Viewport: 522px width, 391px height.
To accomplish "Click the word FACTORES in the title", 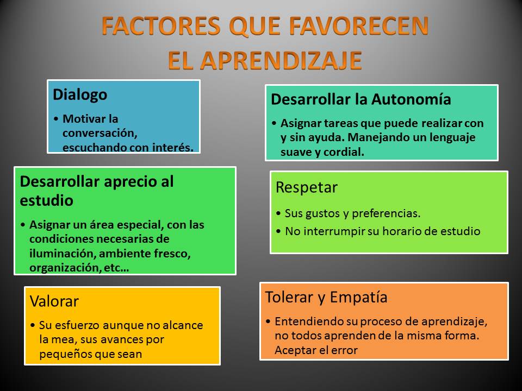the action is pyautogui.click(x=161, y=26).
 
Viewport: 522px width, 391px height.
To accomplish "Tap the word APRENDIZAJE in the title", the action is pyautogui.click(x=281, y=60).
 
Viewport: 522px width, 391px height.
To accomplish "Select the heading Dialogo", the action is pyautogui.click(x=80, y=94).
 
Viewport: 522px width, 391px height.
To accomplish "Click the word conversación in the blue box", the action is pyautogui.click(x=100, y=133).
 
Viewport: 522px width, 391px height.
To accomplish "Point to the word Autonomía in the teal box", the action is pyautogui.click(x=411, y=99).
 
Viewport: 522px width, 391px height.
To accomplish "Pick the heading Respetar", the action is pyautogui.click(x=306, y=187).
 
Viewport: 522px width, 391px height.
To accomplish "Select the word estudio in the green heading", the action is pyautogui.click(x=46, y=200).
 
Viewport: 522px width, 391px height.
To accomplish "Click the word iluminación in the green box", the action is pyautogui.click(x=63, y=254).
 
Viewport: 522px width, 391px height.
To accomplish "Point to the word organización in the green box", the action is pyautogui.click(x=65, y=268).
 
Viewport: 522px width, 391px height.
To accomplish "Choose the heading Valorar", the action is pyautogui.click(x=54, y=301).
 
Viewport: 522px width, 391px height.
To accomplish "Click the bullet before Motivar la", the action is pyautogui.click(x=56, y=119).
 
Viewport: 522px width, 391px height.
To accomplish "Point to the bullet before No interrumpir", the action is pyautogui.click(x=278, y=231).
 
